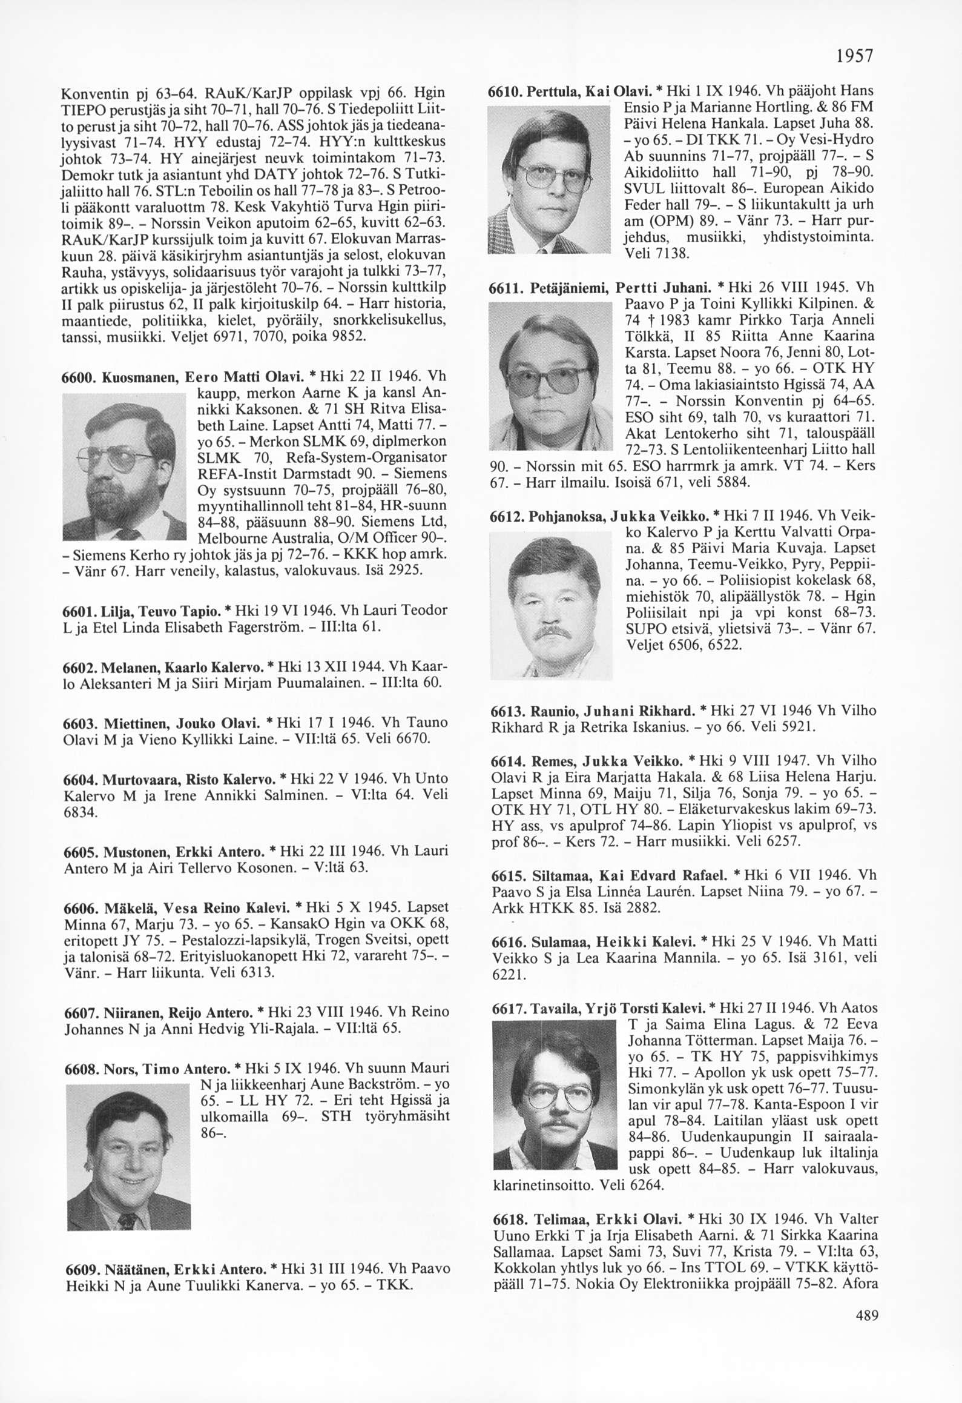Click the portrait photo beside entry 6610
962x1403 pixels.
[x=550, y=178]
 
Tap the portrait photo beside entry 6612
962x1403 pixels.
[x=551, y=606]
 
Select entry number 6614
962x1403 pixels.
[x=507, y=760]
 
